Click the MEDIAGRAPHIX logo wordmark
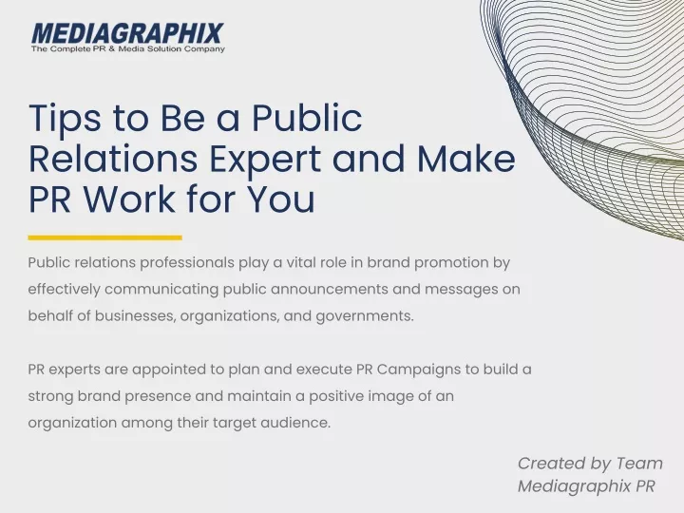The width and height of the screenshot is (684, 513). tap(128, 33)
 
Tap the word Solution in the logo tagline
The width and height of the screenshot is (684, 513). tap(164, 48)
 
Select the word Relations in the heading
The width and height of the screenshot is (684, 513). tap(113, 159)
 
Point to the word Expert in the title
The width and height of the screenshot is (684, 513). tap(265, 161)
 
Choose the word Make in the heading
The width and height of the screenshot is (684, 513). tap(466, 159)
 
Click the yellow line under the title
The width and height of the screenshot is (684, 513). tap(105, 237)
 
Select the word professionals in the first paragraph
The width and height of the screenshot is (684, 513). tap(187, 263)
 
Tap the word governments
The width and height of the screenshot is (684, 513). tap(365, 316)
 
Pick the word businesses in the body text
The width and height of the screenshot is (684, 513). tap(135, 315)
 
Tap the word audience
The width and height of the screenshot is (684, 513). tap(295, 423)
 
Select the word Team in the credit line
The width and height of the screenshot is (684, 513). tap(639, 464)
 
